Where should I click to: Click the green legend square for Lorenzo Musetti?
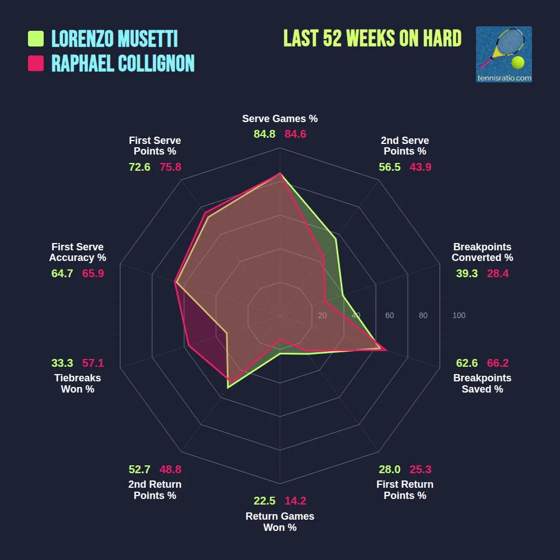36,39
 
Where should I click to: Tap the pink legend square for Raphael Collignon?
36,63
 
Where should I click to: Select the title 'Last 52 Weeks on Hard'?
372,39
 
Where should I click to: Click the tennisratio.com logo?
503,54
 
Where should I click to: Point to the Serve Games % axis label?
280,119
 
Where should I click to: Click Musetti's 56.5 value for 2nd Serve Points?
390,167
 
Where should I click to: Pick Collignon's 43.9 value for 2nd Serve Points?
421,167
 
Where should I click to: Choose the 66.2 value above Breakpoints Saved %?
498,363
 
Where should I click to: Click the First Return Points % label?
405,490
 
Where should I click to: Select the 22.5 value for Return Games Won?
264,501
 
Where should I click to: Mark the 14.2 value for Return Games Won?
295,501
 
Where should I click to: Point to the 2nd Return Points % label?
155,490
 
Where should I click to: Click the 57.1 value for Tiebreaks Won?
93,363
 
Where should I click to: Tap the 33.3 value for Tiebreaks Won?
62,363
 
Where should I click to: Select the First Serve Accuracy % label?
77,252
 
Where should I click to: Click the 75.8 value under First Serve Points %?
170,167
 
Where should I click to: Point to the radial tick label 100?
459,315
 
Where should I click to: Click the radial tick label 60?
389,315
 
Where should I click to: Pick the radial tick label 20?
322,315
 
